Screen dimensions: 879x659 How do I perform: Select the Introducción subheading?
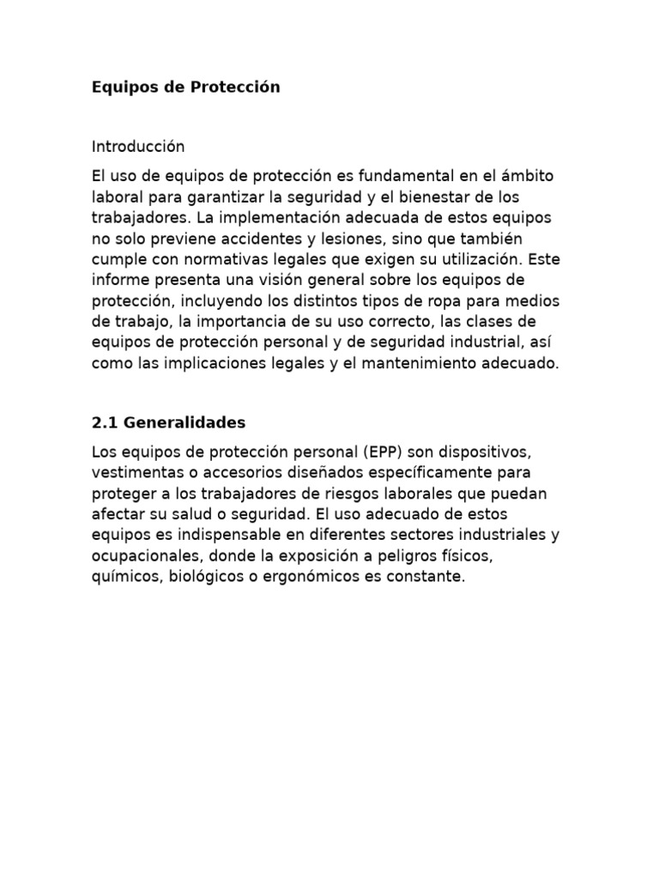138,147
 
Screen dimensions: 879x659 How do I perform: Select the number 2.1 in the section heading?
105,422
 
